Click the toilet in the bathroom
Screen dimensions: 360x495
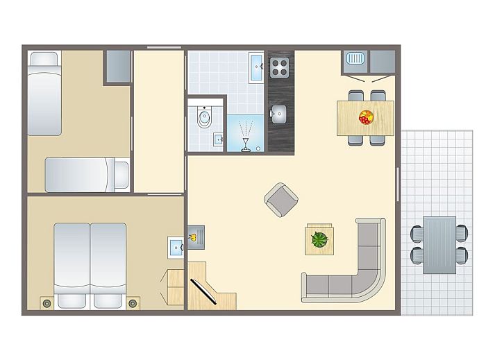point(204,119)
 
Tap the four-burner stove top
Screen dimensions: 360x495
point(279,67)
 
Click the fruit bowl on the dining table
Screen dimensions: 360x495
point(365,117)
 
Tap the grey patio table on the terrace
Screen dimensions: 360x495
point(439,245)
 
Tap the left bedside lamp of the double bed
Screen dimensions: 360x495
point(47,302)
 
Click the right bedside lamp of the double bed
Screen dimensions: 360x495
point(133,302)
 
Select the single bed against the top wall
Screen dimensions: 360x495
point(44,92)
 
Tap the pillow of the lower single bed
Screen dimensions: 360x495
point(121,174)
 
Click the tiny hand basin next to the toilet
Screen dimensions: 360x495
point(217,138)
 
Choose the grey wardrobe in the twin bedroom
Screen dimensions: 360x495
point(118,67)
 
